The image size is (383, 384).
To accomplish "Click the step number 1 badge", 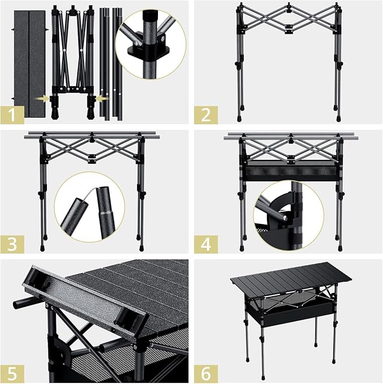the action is click(12, 115).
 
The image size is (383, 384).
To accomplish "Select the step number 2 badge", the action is click(206, 115).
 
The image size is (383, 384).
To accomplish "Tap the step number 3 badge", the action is click(12, 244).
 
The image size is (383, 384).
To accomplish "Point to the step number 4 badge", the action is click(206, 244).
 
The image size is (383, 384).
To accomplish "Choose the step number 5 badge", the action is click(12, 374).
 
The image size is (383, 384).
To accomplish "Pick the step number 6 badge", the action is click(206, 374).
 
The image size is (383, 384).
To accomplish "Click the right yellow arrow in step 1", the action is click(102, 99).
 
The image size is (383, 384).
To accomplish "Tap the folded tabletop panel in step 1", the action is click(30, 64).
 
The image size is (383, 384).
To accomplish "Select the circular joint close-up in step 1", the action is click(151, 44).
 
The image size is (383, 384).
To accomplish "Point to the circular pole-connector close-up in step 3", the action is click(90, 207).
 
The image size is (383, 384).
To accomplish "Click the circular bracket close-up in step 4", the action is click(289, 216).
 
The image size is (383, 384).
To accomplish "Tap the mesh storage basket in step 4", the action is click(290, 171).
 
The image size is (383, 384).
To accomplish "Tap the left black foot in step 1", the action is click(55, 113).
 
